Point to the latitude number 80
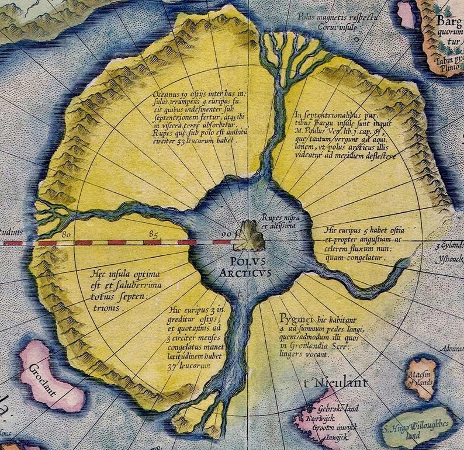(x=67, y=234)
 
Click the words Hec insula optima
(x=122, y=274)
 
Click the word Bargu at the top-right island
(x=449, y=23)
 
